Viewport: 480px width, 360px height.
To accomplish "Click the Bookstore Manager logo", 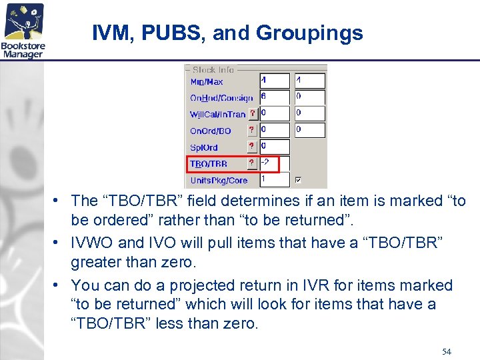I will click(24, 30).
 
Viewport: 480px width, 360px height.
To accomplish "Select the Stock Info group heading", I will click(213, 69).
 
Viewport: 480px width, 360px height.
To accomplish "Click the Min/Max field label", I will click(207, 81).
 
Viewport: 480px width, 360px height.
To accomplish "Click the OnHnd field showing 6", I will click(275, 97).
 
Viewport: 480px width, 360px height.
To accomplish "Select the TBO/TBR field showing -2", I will click(275, 163).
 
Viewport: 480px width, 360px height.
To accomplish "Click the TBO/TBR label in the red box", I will click(209, 163).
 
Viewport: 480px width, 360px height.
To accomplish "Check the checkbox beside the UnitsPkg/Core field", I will click(299, 180).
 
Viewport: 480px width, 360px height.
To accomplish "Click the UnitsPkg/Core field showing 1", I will click(275, 179).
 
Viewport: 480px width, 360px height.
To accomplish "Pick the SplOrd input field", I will click(275, 147).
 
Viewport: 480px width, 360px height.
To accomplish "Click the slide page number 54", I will click(446, 351).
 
